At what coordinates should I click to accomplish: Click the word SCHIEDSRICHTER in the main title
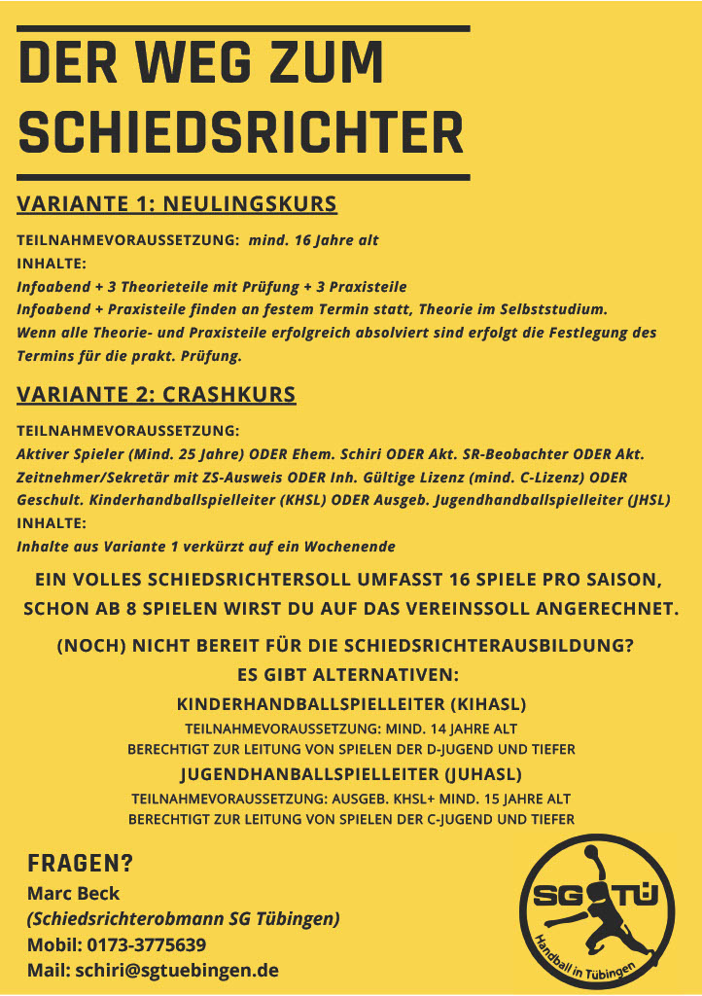(x=241, y=133)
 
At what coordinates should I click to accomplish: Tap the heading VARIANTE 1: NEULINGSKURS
(x=177, y=204)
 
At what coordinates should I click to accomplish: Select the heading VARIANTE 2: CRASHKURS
(x=157, y=395)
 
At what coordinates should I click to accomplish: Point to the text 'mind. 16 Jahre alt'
(x=314, y=239)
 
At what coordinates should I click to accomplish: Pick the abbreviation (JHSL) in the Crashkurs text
(x=646, y=500)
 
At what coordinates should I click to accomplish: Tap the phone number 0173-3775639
(x=145, y=944)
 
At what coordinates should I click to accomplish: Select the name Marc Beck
(x=73, y=893)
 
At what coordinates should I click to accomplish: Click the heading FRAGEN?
(x=80, y=864)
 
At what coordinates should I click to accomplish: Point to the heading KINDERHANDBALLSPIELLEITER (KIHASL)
(x=351, y=703)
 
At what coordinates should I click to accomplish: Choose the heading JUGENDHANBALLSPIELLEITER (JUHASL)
(x=351, y=774)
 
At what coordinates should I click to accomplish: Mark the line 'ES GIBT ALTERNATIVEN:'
(x=351, y=674)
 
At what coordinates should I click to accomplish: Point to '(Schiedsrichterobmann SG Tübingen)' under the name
(x=183, y=919)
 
